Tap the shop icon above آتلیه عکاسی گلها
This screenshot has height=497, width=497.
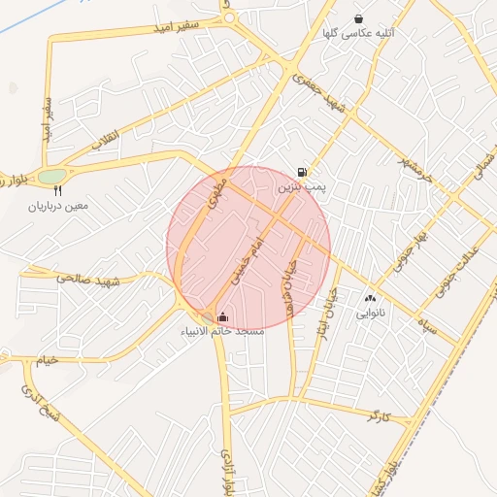coord(359,17)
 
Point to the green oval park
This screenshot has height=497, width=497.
coord(50,177)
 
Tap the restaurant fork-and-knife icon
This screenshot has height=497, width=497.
coord(57,191)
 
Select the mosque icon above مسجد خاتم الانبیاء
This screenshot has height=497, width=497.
coord(223,316)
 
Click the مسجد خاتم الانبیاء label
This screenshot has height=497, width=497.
coord(223,331)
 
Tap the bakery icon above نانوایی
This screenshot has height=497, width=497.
coord(370,298)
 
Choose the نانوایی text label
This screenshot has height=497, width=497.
coord(371,313)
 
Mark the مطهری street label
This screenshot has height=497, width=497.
coord(215,195)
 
